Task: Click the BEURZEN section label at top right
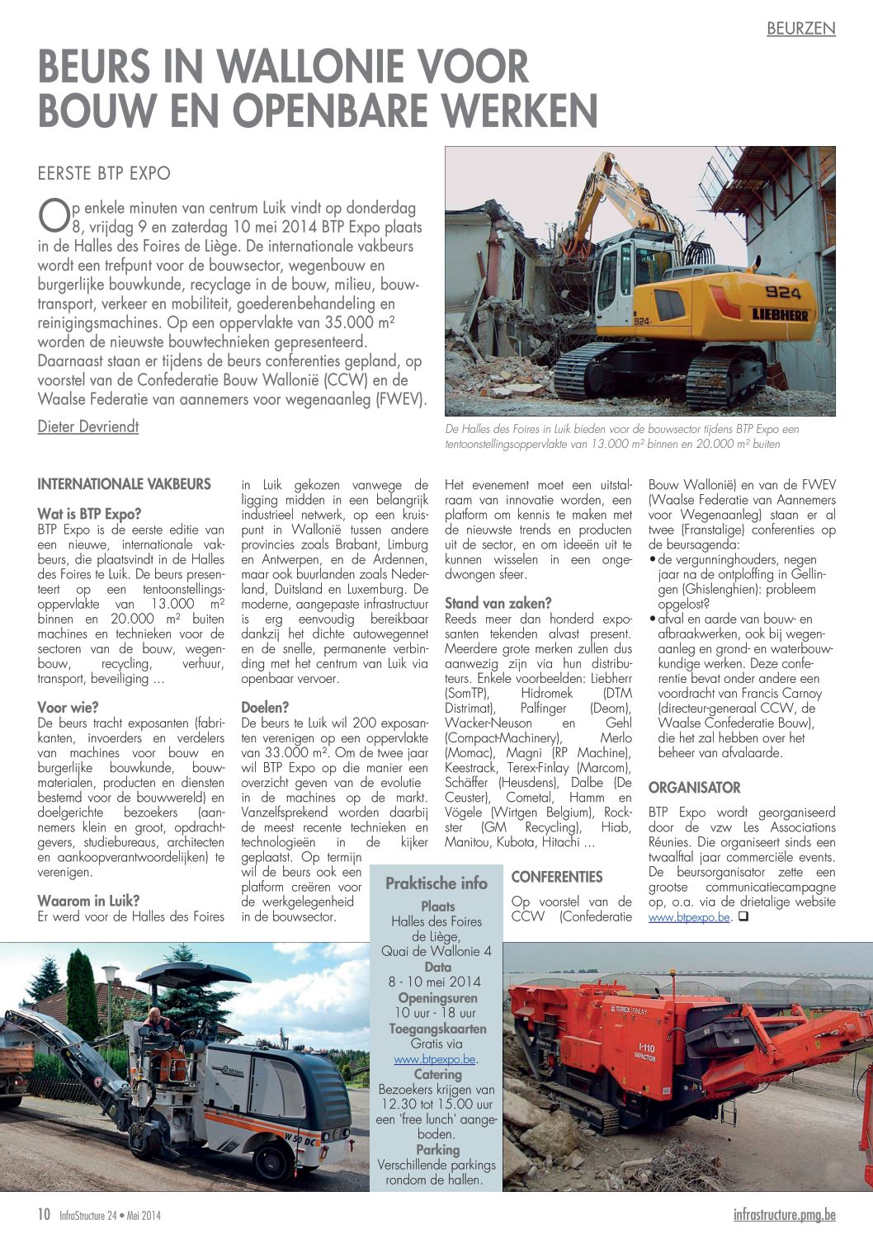[800, 28]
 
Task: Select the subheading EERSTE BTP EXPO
[104, 173]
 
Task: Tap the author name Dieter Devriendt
[88, 426]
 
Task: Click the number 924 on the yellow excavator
[782, 292]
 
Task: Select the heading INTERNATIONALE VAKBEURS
[124, 484]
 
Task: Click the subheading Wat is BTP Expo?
[89, 514]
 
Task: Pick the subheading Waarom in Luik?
[88, 901]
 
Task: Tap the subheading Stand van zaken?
[498, 603]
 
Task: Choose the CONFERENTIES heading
[557, 877]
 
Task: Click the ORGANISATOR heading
[694, 788]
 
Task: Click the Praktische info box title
[436, 883]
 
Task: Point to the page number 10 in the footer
[44, 1214]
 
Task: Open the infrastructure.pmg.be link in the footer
[784, 1214]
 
